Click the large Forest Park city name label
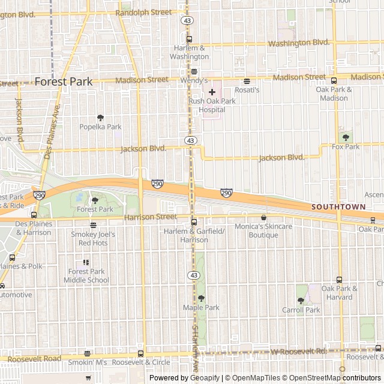click(64, 82)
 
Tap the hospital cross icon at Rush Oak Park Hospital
click(212, 92)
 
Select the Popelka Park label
click(100, 127)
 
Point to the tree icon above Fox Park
click(345, 136)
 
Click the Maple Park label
click(201, 307)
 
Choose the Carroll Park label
click(301, 310)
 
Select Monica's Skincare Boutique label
click(263, 230)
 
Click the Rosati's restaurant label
click(247, 89)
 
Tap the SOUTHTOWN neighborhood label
click(338, 206)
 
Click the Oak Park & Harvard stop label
click(339, 292)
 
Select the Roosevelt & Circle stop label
click(141, 362)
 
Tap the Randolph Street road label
click(143, 12)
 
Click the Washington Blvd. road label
click(299, 43)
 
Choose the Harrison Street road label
click(151, 217)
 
